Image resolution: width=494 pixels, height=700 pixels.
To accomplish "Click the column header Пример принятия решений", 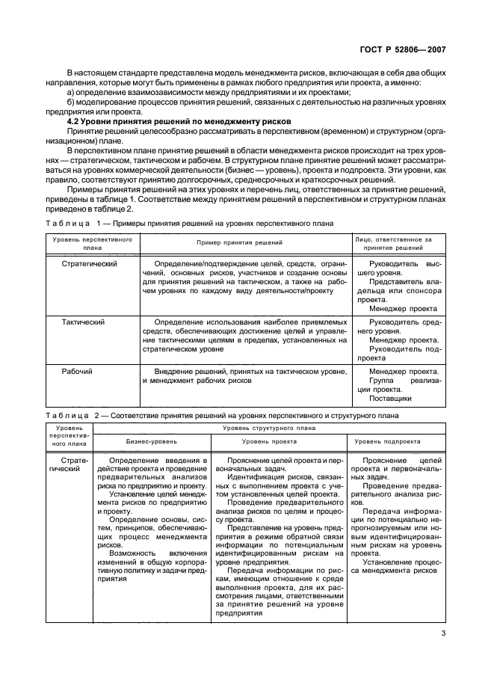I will click(x=239, y=243).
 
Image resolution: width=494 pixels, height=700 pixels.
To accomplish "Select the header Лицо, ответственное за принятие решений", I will click(x=398, y=243).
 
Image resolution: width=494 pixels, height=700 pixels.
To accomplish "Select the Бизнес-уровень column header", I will click(x=152, y=441).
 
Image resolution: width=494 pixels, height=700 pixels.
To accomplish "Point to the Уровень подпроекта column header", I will click(x=397, y=441).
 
